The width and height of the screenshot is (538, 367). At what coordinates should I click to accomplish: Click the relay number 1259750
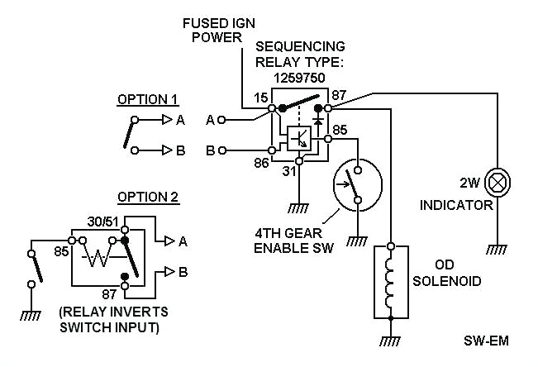click(299, 75)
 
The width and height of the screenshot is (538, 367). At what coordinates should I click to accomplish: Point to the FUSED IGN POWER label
click(217, 30)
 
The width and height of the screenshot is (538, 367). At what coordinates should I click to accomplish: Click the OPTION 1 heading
click(147, 99)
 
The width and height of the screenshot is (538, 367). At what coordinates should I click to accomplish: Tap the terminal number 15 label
click(260, 98)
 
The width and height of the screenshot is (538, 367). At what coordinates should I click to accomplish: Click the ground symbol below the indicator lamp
click(498, 248)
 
